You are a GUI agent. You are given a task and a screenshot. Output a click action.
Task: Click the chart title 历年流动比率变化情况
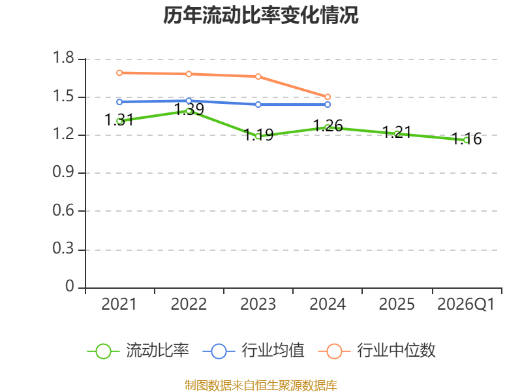[x=261, y=16]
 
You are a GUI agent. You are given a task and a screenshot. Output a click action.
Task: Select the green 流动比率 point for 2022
[x=189, y=110]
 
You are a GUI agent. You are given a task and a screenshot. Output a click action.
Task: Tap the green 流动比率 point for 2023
[x=258, y=136]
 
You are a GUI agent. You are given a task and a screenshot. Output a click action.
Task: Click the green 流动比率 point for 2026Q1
[x=466, y=140]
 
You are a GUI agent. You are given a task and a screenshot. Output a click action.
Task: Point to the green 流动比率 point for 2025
[x=397, y=133]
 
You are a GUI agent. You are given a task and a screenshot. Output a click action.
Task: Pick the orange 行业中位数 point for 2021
[x=119, y=73]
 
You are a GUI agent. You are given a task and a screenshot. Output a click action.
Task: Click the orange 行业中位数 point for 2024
[x=328, y=97]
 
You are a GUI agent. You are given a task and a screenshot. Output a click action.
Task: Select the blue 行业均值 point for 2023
[x=258, y=105]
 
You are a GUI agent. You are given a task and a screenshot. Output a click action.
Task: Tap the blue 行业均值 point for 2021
[x=119, y=102]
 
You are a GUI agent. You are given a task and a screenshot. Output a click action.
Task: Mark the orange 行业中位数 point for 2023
[x=258, y=76]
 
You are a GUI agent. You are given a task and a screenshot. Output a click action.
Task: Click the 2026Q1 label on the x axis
[x=466, y=304]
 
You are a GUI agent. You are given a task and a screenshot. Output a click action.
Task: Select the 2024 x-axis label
[x=328, y=304]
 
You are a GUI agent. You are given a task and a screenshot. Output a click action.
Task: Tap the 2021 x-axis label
[x=119, y=304]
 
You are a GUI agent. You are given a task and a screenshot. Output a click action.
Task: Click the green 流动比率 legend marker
[x=103, y=351]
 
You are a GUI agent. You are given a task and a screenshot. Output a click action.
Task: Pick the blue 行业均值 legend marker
[x=219, y=351]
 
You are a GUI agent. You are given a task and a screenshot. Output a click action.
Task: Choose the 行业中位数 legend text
[x=396, y=351]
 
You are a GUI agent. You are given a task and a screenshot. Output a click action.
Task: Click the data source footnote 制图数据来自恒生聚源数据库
[x=261, y=385]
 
